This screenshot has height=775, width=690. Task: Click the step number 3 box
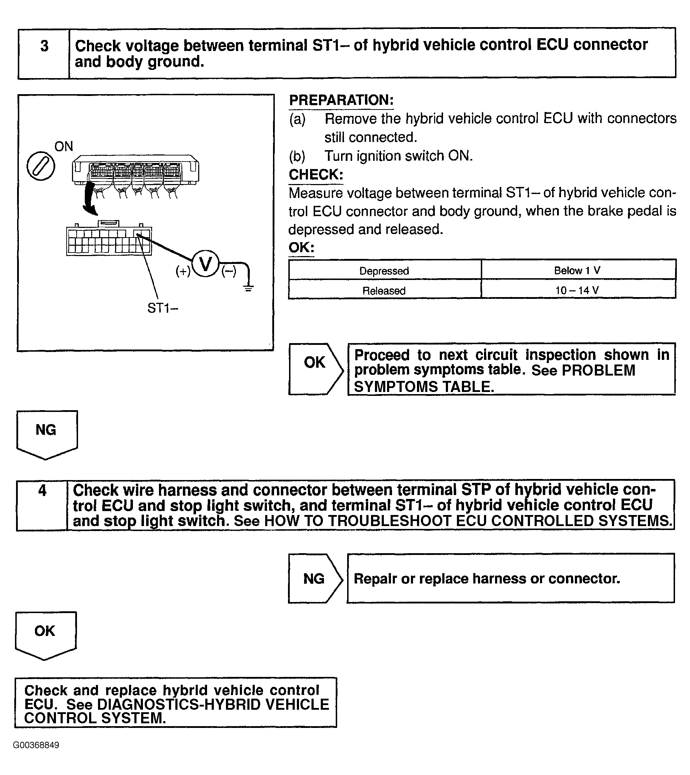click(x=44, y=53)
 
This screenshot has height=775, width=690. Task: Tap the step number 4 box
click(x=42, y=505)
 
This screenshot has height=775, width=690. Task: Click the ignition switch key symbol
click(x=41, y=166)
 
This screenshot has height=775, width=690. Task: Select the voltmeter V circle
click(x=206, y=264)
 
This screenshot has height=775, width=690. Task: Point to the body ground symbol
click(x=248, y=288)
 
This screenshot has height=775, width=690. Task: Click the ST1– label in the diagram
click(x=163, y=309)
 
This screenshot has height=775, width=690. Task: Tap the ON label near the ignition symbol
click(x=64, y=147)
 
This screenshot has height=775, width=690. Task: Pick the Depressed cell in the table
click(x=384, y=271)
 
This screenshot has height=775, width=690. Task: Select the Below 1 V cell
click(x=577, y=270)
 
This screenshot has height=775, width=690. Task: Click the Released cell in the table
click(x=384, y=291)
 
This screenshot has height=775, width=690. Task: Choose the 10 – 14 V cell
click(x=577, y=291)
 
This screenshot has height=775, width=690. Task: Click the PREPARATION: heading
click(x=341, y=100)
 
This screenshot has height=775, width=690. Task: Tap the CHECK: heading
click(x=316, y=175)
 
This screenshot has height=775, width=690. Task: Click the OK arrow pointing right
click(x=315, y=369)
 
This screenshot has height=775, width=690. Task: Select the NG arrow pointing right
click(x=315, y=578)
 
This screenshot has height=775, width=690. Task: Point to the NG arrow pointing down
click(x=47, y=434)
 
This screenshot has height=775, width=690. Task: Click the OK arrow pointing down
click(x=46, y=634)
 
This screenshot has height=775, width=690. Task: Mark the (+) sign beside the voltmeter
click(x=183, y=271)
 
